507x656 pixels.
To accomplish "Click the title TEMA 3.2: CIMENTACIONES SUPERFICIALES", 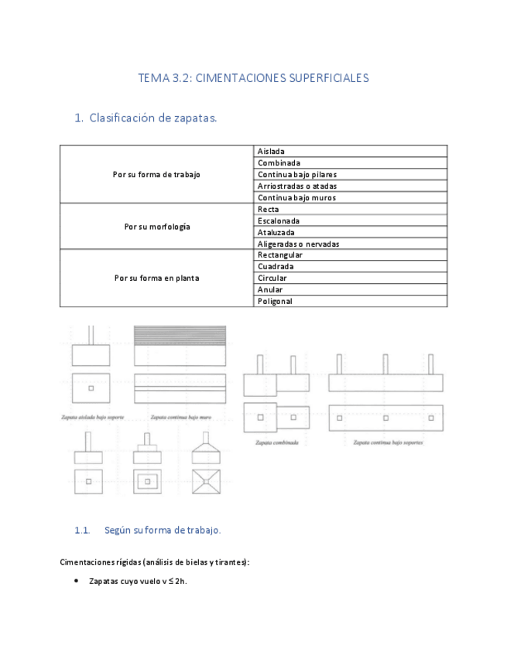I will pyautogui.click(x=253, y=78).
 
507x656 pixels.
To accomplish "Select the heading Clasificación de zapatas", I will pyautogui.click(x=153, y=118).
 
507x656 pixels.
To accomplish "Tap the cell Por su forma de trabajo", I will pyautogui.click(x=156, y=175).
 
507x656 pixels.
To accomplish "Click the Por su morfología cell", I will pyautogui.click(x=156, y=227).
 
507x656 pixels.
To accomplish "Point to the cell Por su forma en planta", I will pyautogui.click(x=156, y=278).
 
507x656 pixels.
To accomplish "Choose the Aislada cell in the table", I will pyautogui.click(x=271, y=152).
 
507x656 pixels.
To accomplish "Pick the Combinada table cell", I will pyautogui.click(x=279, y=163).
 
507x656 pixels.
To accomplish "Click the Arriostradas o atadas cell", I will pyautogui.click(x=297, y=186).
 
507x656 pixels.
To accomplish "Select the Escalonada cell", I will pyautogui.click(x=279, y=221).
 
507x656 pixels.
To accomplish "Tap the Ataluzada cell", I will pyautogui.click(x=276, y=232).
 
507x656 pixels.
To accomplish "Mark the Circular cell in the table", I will pyautogui.click(x=272, y=278).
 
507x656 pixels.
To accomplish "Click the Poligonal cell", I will pyautogui.click(x=275, y=301).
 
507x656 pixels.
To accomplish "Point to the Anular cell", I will pyautogui.click(x=270, y=290).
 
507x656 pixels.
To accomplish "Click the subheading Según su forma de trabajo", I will pyautogui.click(x=163, y=530).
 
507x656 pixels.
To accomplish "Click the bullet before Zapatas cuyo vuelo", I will pyautogui.click(x=75, y=581).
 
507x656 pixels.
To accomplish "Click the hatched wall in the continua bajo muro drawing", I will pyautogui.click(x=180, y=334).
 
